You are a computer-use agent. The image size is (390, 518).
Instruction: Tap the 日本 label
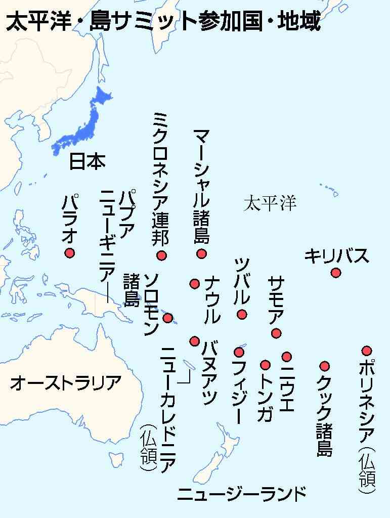coord(87,161)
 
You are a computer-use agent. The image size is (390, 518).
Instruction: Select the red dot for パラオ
coord(69,253)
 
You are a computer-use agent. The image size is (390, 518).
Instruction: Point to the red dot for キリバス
coord(335,273)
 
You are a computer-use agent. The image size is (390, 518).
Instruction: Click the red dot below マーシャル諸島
coord(201,253)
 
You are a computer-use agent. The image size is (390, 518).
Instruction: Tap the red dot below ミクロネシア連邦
coord(161,255)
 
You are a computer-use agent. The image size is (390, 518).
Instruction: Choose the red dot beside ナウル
coord(194,283)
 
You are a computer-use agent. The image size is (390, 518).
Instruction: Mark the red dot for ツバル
coord(242,314)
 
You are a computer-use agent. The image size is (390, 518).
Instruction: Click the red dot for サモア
coord(276,333)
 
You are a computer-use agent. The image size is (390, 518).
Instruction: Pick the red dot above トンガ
coord(265,364)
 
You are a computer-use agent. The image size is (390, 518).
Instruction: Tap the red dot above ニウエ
coord(287,357)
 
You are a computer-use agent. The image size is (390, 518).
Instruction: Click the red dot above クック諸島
coord(325,366)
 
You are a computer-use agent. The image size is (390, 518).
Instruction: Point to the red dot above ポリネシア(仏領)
coord(367,350)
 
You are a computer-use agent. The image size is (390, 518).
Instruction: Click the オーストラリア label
coord(66,383)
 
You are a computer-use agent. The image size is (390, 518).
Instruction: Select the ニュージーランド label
coord(242,493)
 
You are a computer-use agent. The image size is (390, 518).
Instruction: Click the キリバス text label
coord(336,256)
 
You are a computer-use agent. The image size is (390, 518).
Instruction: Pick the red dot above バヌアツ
coord(194,341)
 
